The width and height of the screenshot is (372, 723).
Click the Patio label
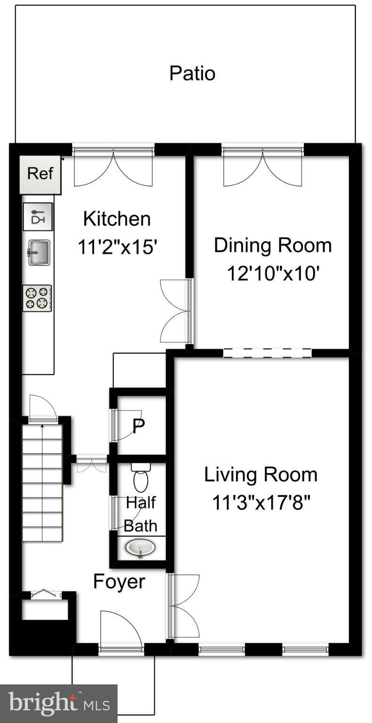click(x=192, y=73)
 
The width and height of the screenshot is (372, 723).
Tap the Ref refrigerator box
click(x=40, y=175)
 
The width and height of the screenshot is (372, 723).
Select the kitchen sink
click(x=39, y=252)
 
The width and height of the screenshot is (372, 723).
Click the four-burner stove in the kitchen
click(x=37, y=298)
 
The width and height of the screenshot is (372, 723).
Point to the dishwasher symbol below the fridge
click(x=38, y=216)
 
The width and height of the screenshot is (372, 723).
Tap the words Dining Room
click(x=273, y=245)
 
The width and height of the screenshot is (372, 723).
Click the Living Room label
click(x=261, y=475)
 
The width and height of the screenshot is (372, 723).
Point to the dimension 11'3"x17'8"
click(x=261, y=503)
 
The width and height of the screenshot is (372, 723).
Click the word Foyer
click(x=119, y=582)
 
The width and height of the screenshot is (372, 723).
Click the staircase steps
click(x=42, y=483)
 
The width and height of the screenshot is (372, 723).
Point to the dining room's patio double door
click(x=263, y=167)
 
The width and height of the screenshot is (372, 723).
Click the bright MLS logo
click(x=59, y=704)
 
